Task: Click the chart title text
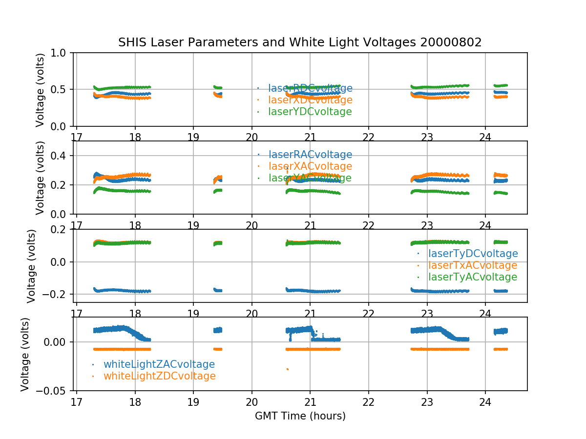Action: (x=300, y=42)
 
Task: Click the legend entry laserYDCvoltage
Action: (x=310, y=112)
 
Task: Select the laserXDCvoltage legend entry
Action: (x=310, y=100)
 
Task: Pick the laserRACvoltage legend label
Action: (x=310, y=155)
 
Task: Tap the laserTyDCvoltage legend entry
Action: (x=473, y=254)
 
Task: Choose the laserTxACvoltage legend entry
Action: (x=472, y=265)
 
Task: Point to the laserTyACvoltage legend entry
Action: (x=472, y=277)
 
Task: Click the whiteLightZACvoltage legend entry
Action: (x=159, y=364)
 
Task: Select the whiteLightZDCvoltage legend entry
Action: (x=159, y=376)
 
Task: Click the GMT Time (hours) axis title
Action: (x=300, y=416)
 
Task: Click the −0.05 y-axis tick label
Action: (x=55, y=391)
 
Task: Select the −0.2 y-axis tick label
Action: (x=59, y=295)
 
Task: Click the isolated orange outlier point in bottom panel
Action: (x=287, y=369)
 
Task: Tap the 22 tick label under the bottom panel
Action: (x=368, y=401)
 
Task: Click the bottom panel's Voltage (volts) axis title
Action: (x=25, y=354)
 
